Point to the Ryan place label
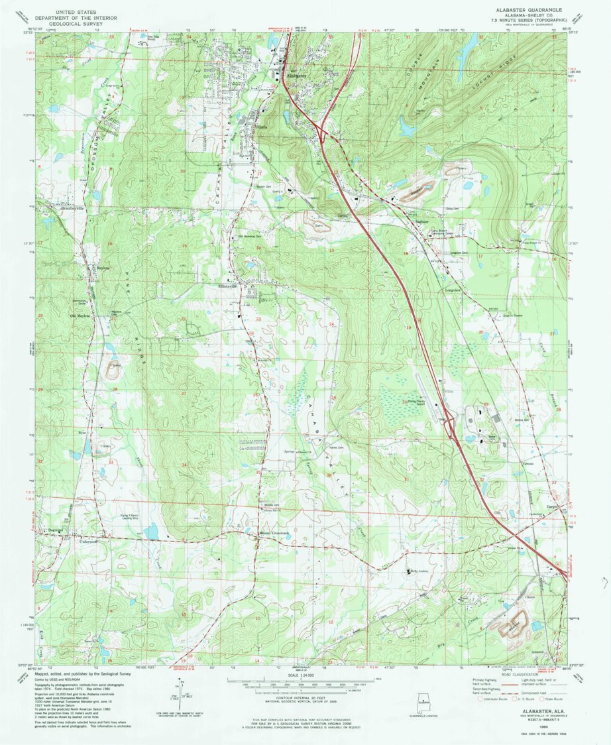point(83,431)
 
